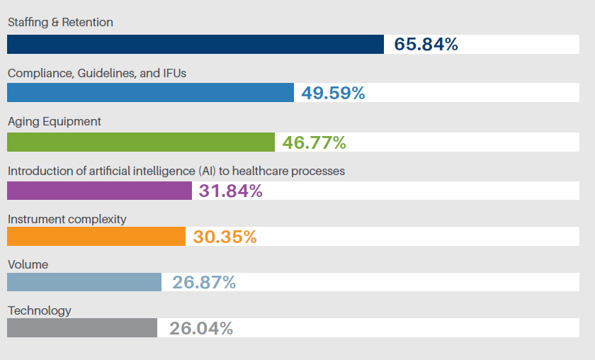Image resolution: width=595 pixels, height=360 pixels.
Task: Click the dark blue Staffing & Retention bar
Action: click(195, 44)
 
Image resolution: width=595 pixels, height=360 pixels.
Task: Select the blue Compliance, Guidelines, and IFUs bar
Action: click(150, 93)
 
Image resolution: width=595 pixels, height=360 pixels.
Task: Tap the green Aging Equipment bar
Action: click(141, 142)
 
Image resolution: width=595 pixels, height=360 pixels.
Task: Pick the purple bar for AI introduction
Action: click(99, 191)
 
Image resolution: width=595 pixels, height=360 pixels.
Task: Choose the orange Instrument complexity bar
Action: click(96, 237)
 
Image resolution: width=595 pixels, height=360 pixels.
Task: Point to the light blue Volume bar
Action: click(84, 282)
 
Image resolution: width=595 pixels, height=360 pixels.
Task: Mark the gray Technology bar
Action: click(82, 327)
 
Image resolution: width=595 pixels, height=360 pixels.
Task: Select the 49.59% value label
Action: click(333, 93)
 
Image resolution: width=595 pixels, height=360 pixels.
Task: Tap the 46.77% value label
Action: click(314, 142)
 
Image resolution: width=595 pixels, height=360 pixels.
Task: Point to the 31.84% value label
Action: click(231, 191)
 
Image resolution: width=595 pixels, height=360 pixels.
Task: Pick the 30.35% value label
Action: click(225, 237)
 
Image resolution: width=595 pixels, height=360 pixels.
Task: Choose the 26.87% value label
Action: click(203, 283)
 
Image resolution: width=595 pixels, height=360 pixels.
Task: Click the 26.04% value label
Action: click(200, 328)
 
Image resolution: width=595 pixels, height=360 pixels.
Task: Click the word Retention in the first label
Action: click(87, 22)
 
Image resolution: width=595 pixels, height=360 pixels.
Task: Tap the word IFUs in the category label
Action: click(174, 73)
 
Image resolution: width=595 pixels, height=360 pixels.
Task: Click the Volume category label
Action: click(28, 264)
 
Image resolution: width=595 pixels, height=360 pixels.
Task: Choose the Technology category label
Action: click(40, 310)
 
